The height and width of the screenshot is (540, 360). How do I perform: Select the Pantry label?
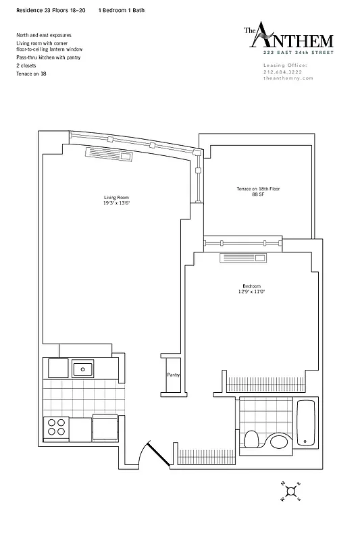click(x=173, y=375)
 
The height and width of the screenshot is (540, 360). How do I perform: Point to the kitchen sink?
click(x=83, y=369)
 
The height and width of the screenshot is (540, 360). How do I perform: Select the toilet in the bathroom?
click(x=251, y=439)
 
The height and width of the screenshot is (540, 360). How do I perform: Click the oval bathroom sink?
click(x=278, y=443)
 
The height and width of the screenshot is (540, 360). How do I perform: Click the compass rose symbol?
click(x=290, y=491)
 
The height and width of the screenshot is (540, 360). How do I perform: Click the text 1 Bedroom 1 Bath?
click(x=121, y=11)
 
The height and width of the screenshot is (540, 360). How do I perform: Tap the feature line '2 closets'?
click(x=28, y=66)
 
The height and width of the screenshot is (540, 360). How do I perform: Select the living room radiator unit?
click(x=109, y=154)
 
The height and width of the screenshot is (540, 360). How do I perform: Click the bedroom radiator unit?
click(x=244, y=259)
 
